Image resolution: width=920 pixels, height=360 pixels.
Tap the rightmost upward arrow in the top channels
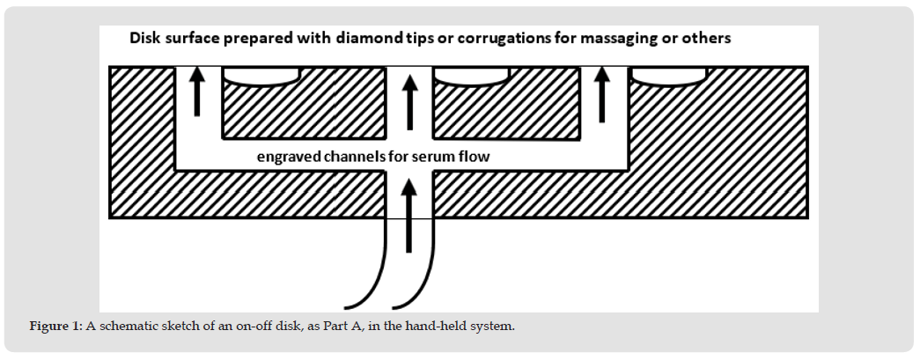[x=603, y=95]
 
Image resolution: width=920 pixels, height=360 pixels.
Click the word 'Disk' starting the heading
[x=146, y=40]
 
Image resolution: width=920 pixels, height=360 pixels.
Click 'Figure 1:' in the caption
[x=55, y=327]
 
